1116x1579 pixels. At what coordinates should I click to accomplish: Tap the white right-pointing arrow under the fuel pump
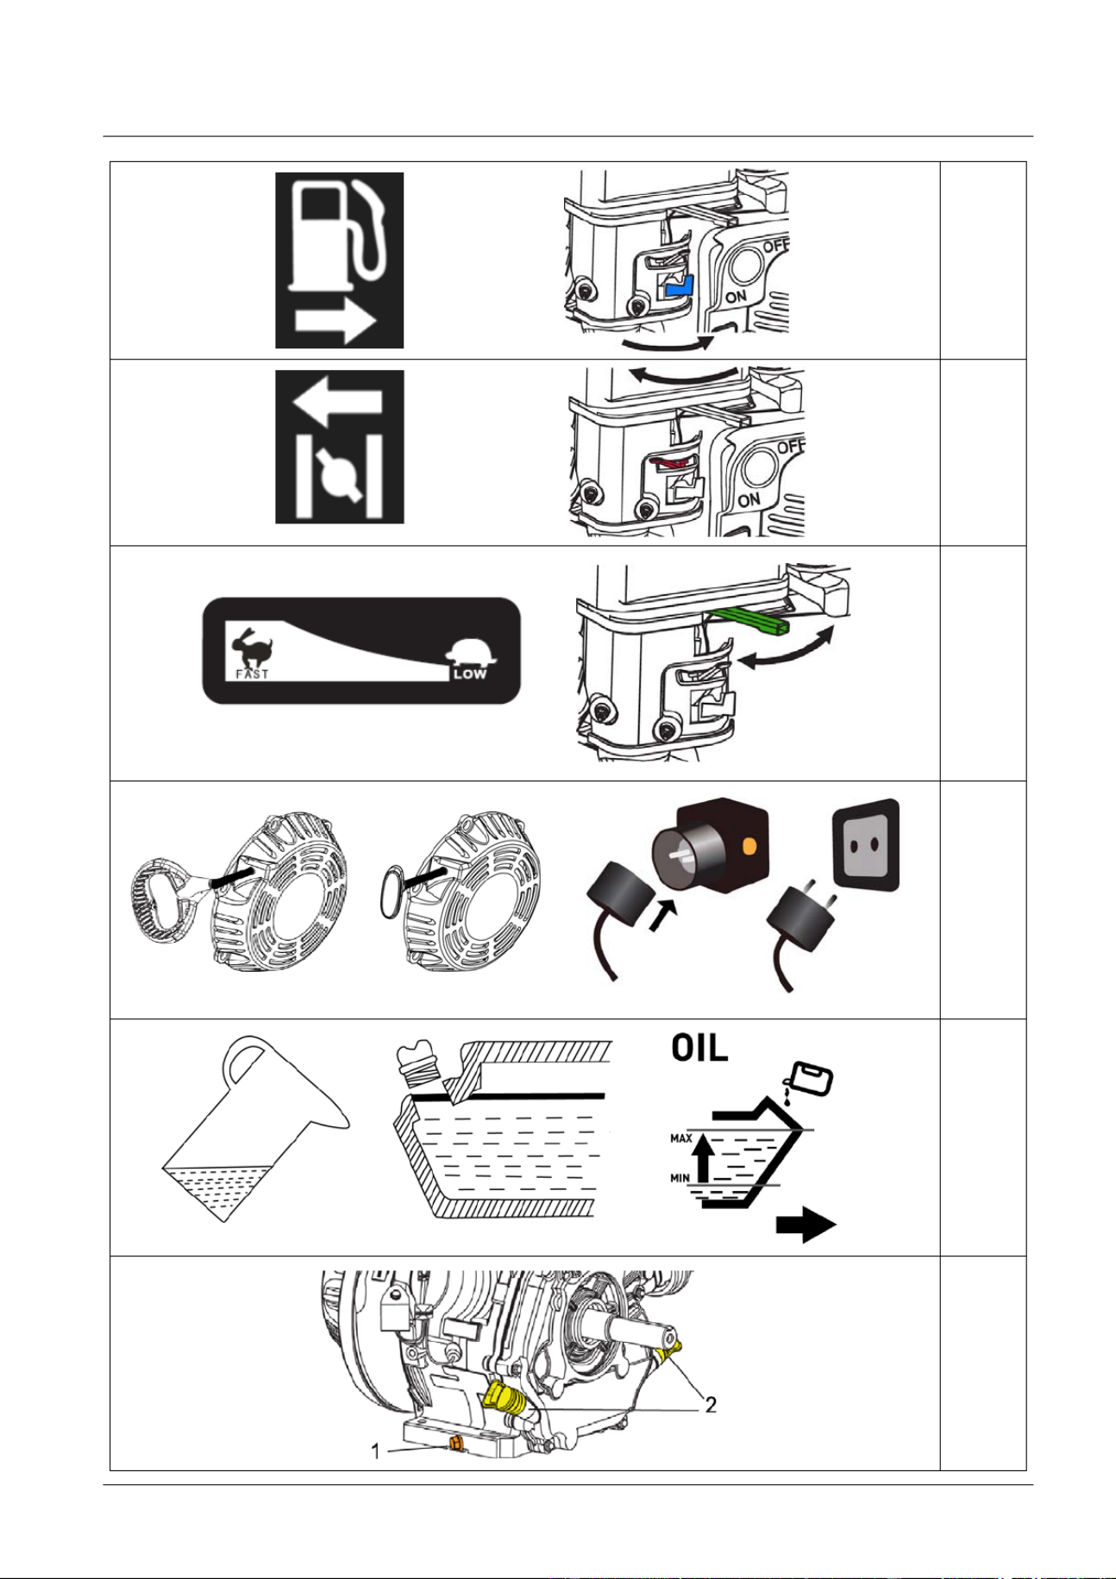pos(335,323)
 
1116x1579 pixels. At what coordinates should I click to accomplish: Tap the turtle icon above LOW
pos(471,652)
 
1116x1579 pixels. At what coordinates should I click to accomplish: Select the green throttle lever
pos(747,616)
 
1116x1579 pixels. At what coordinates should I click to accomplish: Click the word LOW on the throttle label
pos(470,674)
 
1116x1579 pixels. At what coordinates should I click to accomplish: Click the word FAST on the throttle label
pos(252,674)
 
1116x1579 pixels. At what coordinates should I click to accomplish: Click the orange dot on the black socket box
pos(749,847)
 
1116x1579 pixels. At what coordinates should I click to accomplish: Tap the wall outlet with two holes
pos(865,845)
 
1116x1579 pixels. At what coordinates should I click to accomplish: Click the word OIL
pos(699,1048)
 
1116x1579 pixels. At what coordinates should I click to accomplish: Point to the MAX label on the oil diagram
pos(681,1138)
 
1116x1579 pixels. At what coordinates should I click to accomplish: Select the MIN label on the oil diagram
pos(680,1178)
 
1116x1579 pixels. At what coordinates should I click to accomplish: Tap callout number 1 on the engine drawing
pos(376,1452)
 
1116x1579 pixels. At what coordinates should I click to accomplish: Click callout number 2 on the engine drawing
pos(711,1405)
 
